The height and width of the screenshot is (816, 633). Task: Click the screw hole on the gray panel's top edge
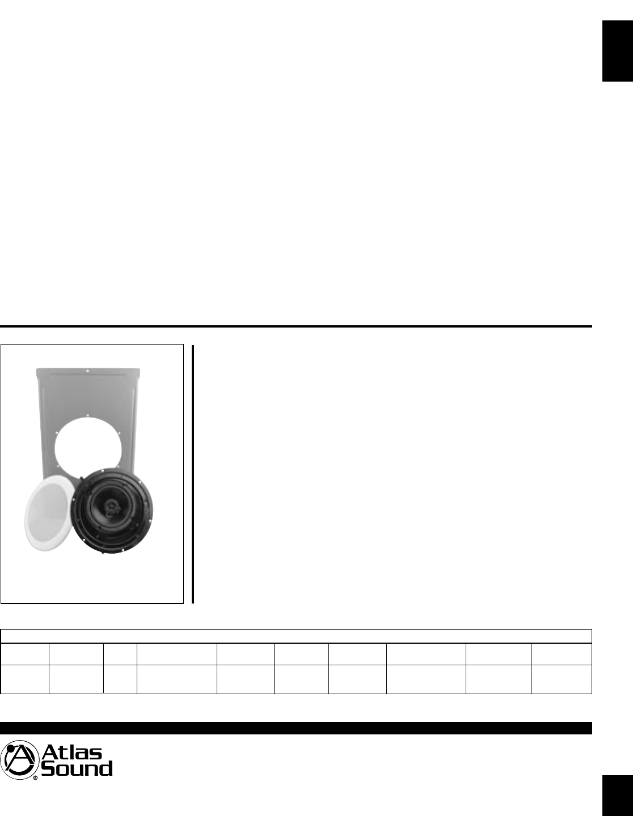point(87,371)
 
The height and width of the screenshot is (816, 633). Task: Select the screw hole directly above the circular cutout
point(87,415)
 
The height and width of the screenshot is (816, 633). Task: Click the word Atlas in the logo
point(71,752)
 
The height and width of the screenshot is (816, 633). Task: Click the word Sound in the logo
point(77,770)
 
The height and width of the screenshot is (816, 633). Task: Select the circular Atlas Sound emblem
point(19,760)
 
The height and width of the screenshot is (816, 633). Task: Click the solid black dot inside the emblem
point(11,750)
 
